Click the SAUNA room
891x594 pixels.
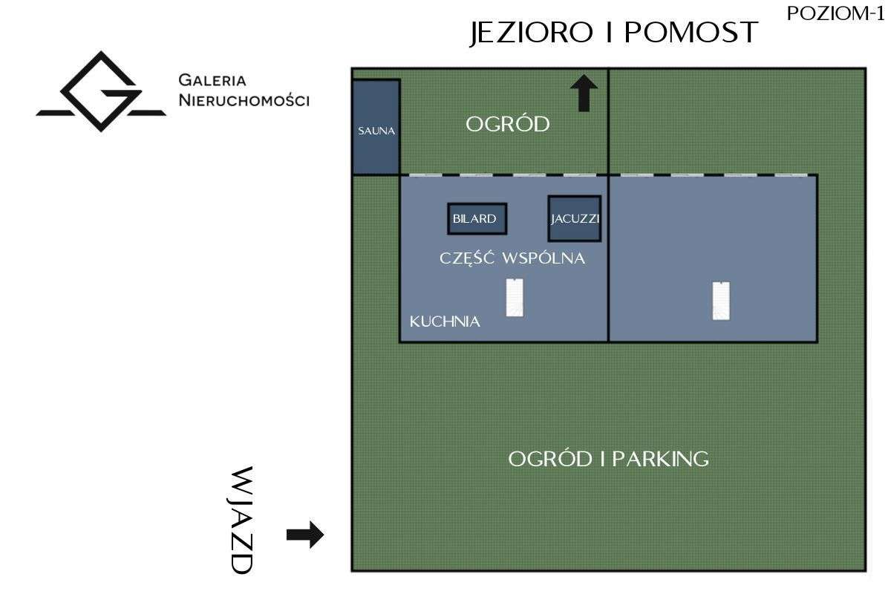pos(376,127)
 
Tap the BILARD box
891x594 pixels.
pos(477,219)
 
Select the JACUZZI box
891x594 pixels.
pos(575,219)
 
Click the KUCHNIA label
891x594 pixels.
pos(445,322)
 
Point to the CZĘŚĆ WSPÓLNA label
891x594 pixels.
pos(512,258)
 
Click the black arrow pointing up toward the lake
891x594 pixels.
pos(584,93)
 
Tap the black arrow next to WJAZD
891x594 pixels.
pos(305,535)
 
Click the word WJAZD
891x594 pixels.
pos(242,520)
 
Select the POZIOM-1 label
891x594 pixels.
pos(835,14)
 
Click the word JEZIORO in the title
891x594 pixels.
pos(532,33)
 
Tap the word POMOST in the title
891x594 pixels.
pos(691,32)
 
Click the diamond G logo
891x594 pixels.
pos(101,91)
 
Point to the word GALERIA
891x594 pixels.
pos(212,80)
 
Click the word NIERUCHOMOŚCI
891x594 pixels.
pos(244,100)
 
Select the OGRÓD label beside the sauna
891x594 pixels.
pos(508,124)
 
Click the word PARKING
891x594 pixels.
pos(660,459)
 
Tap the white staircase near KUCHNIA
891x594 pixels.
pos(515,298)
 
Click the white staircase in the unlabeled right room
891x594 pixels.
pos(721,301)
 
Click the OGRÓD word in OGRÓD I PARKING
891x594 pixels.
pos(550,459)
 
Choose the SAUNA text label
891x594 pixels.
pos(376,131)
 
